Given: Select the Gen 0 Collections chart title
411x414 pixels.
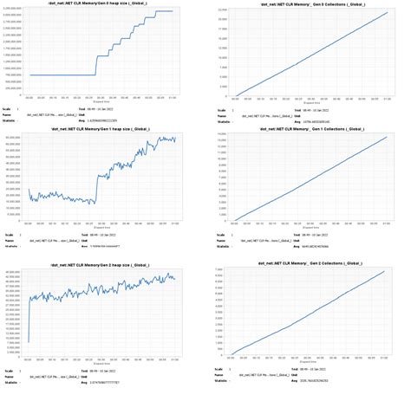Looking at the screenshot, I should click(x=309, y=4).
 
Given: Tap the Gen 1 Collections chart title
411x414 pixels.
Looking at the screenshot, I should click(x=309, y=129).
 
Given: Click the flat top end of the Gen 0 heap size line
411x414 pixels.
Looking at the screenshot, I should click(x=173, y=11).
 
